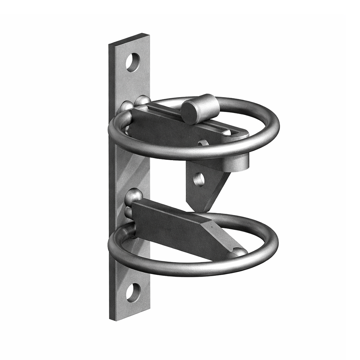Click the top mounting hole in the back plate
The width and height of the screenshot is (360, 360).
133,62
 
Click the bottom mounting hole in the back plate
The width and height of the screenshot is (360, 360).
133,292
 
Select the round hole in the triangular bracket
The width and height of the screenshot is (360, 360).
199,179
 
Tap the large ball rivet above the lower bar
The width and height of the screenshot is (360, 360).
134,196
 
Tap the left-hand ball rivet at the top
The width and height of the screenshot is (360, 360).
126,107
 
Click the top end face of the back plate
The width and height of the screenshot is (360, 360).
129,39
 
